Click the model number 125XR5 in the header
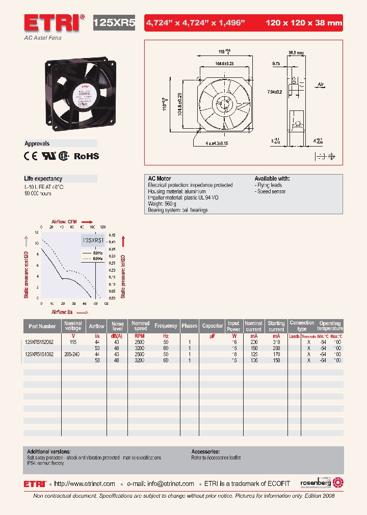pyautogui.click(x=114, y=23)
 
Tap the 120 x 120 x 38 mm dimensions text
pyautogui.click(x=304, y=23)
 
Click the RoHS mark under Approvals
pyautogui.click(x=87, y=157)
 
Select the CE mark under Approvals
pyautogui.click(x=31, y=157)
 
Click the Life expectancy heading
pyautogui.click(x=43, y=179)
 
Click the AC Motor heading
pyautogui.click(x=160, y=179)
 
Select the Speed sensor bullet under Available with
pyautogui.click(x=271, y=192)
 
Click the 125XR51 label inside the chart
pyautogui.click(x=93, y=241)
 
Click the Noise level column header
pyautogui.click(x=118, y=326)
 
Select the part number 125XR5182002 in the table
pyautogui.click(x=42, y=342)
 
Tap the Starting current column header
pyautogui.click(x=276, y=326)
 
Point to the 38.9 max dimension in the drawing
pyautogui.click(x=296, y=52)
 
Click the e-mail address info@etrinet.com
pyautogui.click(x=168, y=483)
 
